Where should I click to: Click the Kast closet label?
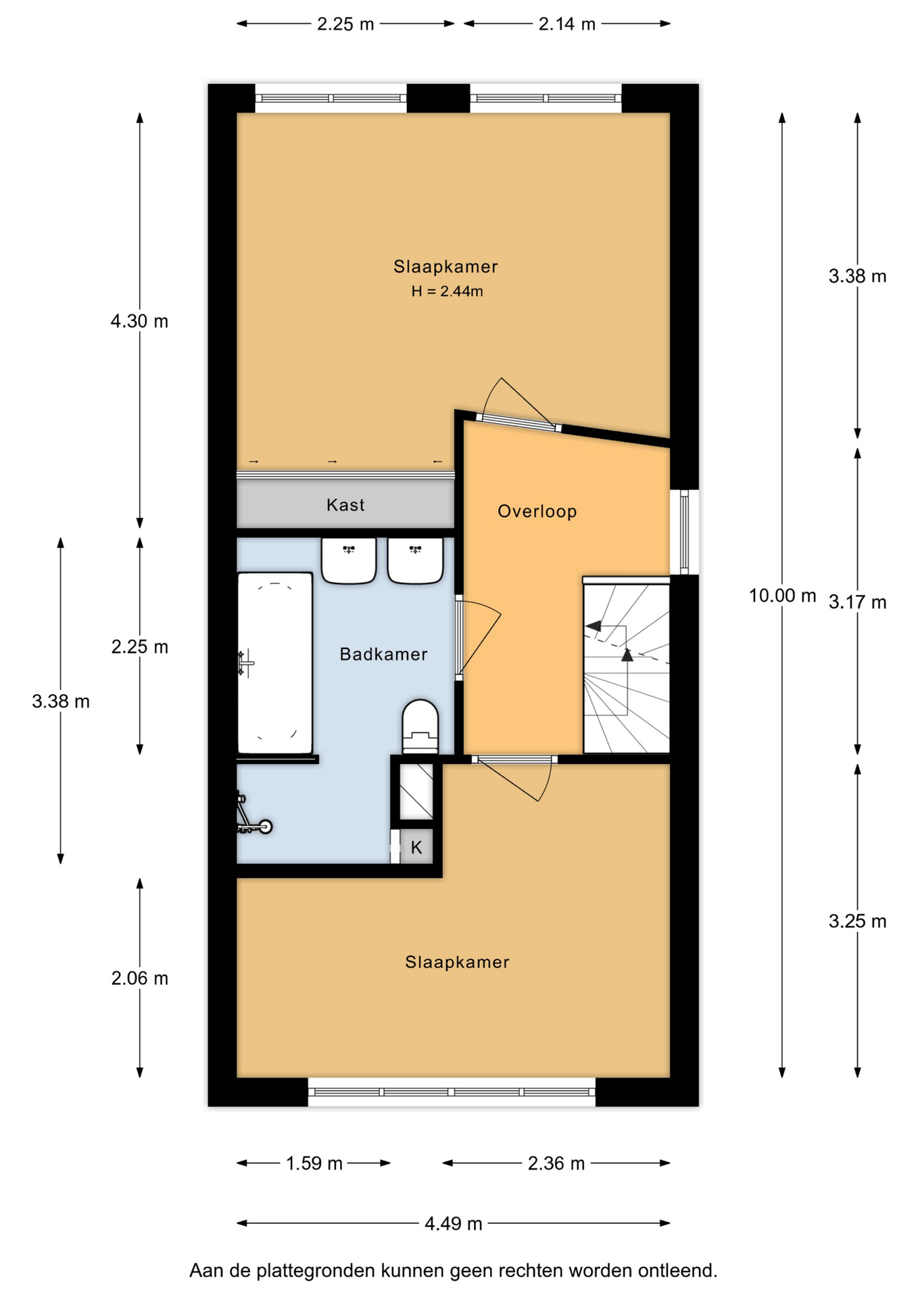click(x=345, y=505)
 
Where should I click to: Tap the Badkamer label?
click(x=383, y=654)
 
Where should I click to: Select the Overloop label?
click(x=537, y=511)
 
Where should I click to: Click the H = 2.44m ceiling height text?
click(x=447, y=291)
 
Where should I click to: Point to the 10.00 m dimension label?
click(x=782, y=596)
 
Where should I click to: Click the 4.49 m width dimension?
click(x=453, y=1224)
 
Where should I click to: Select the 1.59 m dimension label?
click(x=314, y=1163)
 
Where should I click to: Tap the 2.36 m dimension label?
click(x=556, y=1163)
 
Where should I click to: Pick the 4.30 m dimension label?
click(x=139, y=321)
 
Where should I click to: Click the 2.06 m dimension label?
click(x=139, y=978)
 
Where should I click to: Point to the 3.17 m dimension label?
click(x=857, y=602)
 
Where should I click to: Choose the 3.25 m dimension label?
click(x=857, y=921)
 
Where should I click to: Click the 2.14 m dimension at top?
click(x=566, y=24)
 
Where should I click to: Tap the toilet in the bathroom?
click(x=420, y=727)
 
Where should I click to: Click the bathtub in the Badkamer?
click(x=275, y=663)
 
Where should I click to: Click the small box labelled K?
click(x=416, y=847)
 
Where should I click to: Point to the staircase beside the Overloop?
click(x=627, y=666)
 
